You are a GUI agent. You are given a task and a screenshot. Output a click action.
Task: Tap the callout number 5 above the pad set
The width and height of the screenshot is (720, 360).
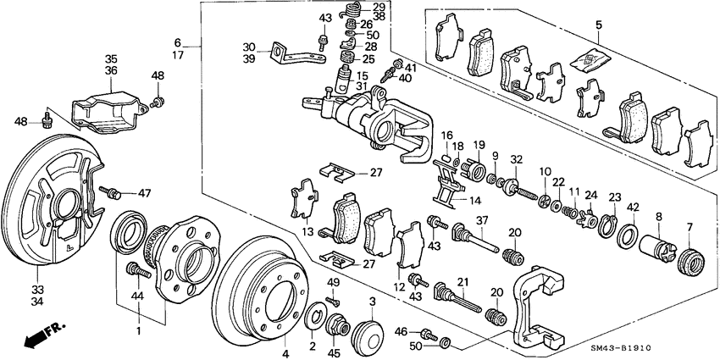(x=597, y=25)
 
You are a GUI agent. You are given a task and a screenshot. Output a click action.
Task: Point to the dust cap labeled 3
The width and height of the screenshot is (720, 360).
(x=368, y=330)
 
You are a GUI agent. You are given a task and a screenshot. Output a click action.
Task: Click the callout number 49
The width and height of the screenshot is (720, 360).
(x=333, y=283)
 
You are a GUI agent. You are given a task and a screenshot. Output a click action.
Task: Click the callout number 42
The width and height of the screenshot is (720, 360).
(x=632, y=207)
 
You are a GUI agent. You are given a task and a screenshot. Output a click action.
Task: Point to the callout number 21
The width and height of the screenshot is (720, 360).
(x=463, y=282)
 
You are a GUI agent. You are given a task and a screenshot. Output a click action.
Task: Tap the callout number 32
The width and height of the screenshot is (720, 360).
(x=517, y=158)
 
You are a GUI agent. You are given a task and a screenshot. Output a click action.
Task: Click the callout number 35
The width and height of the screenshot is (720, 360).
(x=111, y=59)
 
